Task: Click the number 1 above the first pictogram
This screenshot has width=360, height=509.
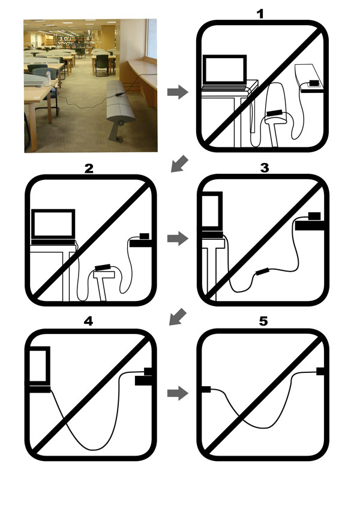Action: pos(260,14)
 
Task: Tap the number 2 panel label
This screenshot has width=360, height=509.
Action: pos(89,168)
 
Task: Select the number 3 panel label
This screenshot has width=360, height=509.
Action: pos(265,168)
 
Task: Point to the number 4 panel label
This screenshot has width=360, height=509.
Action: pos(88,321)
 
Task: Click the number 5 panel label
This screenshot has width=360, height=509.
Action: pos(263,321)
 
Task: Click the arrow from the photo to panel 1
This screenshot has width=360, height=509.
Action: pos(178,92)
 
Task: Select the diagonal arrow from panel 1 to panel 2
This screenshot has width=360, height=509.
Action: pos(179,164)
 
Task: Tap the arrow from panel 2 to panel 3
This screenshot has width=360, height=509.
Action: pos(178,239)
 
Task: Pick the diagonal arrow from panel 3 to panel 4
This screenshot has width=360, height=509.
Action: pos(178,317)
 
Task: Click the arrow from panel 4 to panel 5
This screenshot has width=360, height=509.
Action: pos(178,393)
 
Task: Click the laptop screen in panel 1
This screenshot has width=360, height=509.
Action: pos(224,70)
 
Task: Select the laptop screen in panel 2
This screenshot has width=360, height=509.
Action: pos(53,224)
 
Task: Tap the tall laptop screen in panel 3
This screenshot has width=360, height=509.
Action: pos(212,210)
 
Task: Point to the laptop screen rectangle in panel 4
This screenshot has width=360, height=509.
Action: pos(40,365)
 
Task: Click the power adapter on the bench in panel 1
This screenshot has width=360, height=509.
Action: pos(314,83)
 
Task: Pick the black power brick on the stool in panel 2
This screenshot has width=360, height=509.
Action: pos(103,267)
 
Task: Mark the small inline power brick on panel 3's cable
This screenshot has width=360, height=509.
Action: pos(262,272)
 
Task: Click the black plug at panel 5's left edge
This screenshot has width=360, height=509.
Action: pos(206,389)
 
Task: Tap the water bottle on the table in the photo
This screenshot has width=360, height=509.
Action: pos(49,77)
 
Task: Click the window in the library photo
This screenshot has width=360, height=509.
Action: pos(152,38)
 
